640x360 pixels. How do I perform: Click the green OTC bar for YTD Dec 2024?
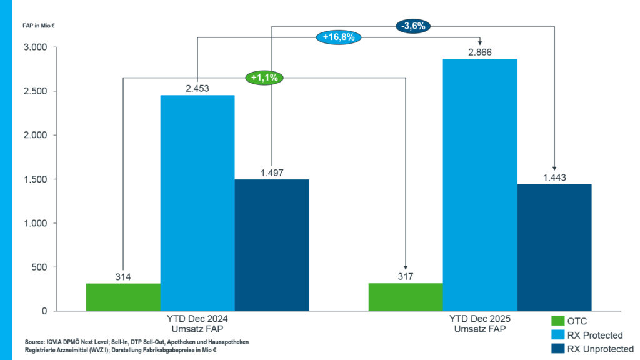click(122, 297)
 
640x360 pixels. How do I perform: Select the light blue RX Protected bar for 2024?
click(197, 203)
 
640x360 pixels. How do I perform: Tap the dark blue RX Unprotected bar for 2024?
click(271, 245)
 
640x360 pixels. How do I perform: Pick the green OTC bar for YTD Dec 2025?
click(406, 297)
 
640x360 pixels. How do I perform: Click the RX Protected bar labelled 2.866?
click(480, 185)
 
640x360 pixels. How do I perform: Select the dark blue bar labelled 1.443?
click(554, 247)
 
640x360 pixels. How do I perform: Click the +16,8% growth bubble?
click(339, 37)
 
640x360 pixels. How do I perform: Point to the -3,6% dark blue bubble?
click(414, 26)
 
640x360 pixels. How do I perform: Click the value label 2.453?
click(197, 88)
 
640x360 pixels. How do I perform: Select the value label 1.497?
click(271, 172)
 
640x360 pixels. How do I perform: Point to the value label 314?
click(122, 277)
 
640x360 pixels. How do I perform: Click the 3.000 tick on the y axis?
click(34, 47)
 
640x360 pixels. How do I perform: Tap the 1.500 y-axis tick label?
click(34, 179)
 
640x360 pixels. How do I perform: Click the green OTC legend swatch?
click(557, 322)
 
